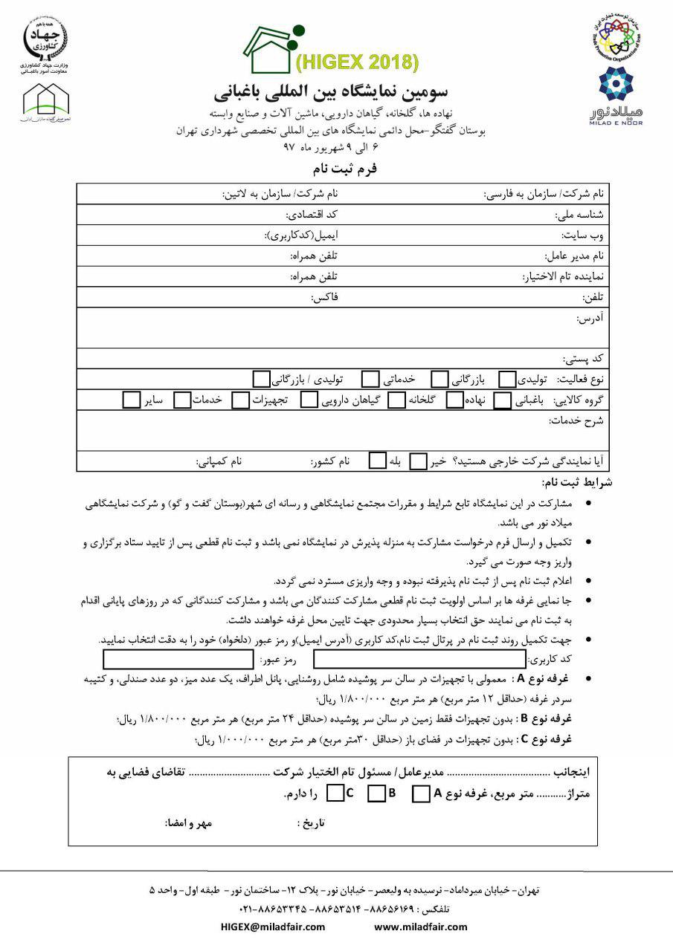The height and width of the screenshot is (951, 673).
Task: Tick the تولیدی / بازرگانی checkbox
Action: (260, 380)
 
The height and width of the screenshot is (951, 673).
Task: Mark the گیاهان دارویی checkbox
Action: (309, 400)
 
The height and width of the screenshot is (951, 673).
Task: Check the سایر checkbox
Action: (132, 400)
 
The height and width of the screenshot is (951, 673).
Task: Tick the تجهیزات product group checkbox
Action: (240, 400)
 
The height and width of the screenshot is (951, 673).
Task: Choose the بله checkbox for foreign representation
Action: (378, 461)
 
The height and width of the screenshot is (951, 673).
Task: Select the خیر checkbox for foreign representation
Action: (419, 461)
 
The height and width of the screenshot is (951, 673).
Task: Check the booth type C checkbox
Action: (335, 793)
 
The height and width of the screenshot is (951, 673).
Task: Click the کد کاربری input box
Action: (419, 659)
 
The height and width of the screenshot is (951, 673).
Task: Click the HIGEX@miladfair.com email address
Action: (273, 926)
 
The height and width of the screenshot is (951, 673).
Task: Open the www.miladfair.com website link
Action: (421, 926)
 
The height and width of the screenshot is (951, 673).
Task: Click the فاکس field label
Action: (324, 297)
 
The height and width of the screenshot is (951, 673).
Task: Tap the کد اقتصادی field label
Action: (312, 214)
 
